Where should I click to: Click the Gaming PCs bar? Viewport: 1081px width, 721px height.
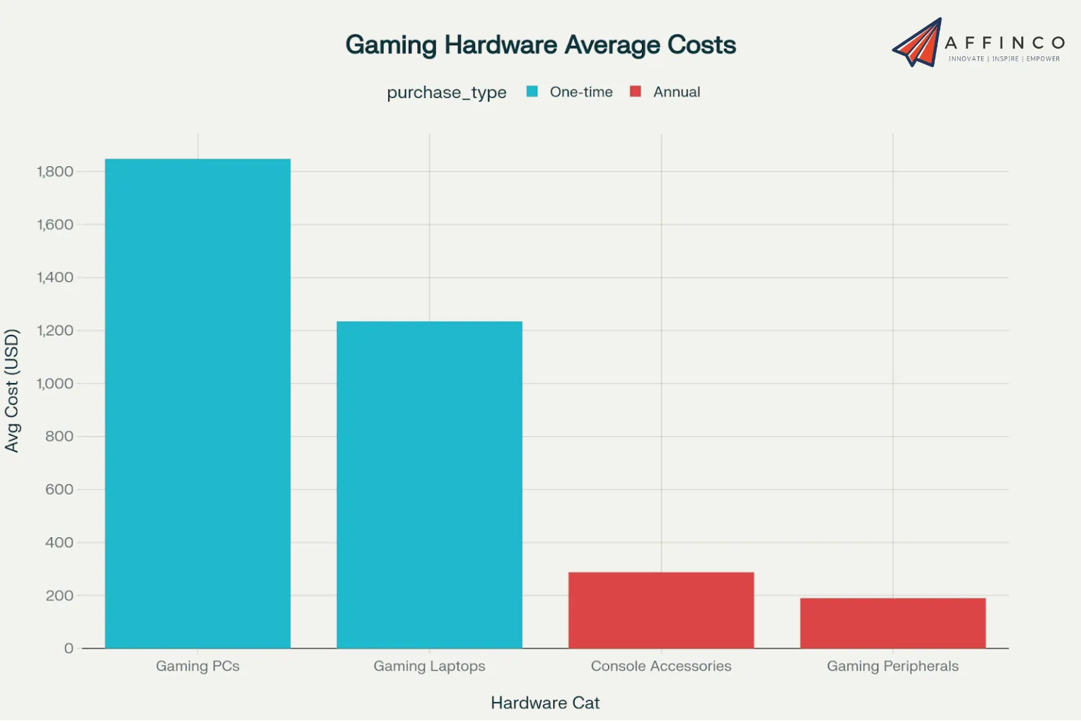198,403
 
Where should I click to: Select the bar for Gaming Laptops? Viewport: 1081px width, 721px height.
429,484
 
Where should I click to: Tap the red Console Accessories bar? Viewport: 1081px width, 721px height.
661,610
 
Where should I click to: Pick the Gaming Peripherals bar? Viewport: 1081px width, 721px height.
892,623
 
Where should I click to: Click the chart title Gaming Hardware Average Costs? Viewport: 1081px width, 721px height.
540,45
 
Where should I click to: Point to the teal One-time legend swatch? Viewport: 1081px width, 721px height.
532,92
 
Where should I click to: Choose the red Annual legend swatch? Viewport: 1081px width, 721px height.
636,92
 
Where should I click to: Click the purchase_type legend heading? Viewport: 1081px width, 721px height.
446,92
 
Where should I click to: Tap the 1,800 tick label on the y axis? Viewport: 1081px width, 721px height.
55,172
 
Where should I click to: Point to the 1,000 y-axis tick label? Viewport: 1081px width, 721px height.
55,384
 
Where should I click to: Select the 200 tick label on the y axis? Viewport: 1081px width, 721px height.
59,596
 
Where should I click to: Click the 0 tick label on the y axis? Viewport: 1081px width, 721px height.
68,648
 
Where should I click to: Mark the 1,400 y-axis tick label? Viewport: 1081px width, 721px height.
55,277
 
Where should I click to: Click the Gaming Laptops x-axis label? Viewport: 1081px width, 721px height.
429,666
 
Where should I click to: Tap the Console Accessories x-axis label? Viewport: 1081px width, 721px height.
661,666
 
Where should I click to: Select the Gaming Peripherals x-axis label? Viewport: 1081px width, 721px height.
892,666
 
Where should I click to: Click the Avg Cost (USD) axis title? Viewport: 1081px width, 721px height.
12,391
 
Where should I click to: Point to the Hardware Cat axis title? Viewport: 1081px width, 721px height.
545,703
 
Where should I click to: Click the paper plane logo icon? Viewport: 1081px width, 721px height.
918,43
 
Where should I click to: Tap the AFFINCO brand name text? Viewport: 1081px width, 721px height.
1004,43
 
